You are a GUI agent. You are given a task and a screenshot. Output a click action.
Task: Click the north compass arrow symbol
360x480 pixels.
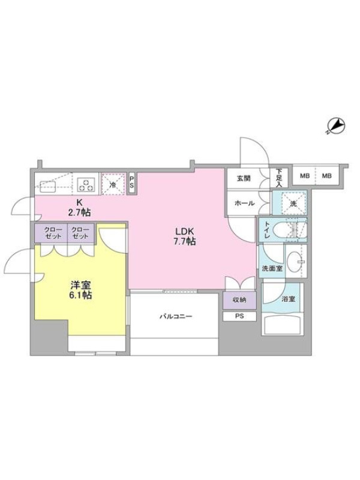(336, 126)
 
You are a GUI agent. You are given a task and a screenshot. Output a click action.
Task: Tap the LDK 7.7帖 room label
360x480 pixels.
(185, 236)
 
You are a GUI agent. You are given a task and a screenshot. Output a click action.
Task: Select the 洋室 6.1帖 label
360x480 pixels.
(81, 290)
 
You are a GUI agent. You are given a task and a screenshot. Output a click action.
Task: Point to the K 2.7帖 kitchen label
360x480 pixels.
(80, 208)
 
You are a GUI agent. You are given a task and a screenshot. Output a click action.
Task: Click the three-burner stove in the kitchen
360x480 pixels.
(87, 184)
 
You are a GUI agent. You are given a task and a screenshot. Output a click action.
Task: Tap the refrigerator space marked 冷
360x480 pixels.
(113, 184)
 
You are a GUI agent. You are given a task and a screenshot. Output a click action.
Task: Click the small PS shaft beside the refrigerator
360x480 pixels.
(132, 184)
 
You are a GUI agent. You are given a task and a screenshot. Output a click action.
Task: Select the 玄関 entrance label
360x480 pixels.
(244, 178)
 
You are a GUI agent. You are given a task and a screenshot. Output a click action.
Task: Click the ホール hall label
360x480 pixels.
(245, 203)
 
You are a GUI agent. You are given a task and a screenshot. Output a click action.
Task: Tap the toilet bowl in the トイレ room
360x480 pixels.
(284, 230)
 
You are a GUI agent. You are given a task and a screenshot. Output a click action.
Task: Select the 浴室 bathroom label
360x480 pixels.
(289, 298)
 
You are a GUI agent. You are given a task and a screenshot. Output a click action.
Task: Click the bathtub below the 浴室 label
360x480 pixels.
(283, 325)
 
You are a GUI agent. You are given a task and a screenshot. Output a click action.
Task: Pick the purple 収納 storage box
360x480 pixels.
(239, 300)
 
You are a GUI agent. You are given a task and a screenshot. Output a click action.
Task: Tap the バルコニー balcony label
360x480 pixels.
(176, 316)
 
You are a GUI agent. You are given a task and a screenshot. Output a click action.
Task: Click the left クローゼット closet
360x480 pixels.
(51, 233)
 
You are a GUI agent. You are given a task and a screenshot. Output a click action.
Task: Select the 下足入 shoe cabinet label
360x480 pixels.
(279, 178)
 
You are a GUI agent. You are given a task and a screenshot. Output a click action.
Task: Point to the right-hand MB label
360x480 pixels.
(326, 176)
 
